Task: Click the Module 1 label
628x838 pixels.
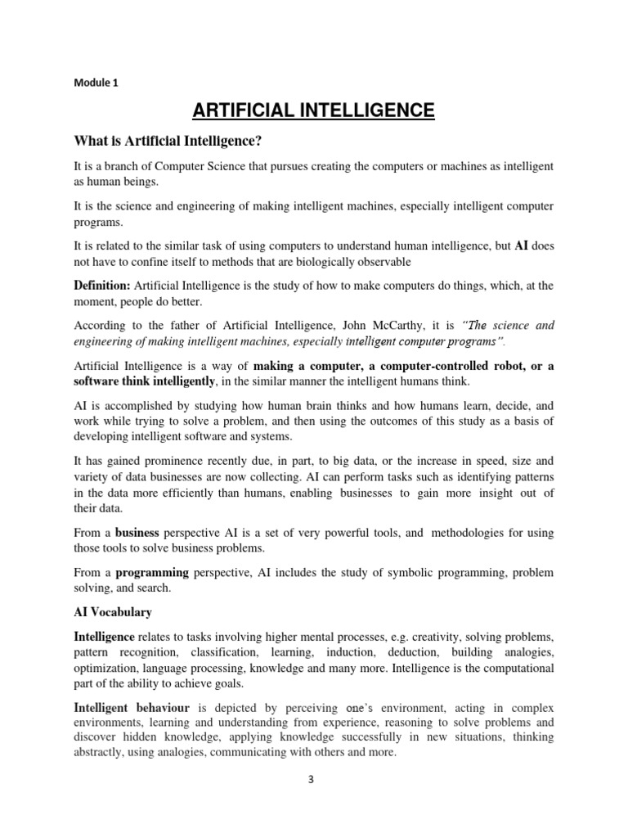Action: [96, 82]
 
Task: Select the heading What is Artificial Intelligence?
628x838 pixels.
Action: [168, 142]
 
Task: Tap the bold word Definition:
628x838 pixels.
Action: [102, 285]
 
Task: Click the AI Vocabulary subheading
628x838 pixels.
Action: [113, 612]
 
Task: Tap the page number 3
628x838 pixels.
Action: [312, 779]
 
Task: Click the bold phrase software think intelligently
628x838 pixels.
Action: [145, 381]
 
